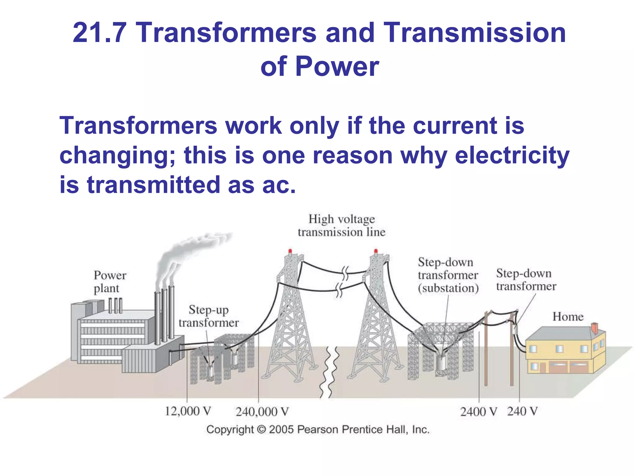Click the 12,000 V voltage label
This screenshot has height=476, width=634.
[x=188, y=411]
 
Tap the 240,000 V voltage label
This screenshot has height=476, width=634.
[x=262, y=412]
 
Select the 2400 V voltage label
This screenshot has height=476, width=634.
[x=478, y=412]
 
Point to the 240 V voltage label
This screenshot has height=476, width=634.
[x=522, y=411]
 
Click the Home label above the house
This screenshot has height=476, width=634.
[x=568, y=317]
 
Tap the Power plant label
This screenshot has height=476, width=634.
[x=110, y=282]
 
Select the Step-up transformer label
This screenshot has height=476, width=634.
[x=209, y=316]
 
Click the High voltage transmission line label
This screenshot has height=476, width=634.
[x=341, y=226]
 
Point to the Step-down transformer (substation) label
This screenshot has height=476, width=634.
[x=448, y=275]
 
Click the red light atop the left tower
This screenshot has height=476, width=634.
[x=290, y=251]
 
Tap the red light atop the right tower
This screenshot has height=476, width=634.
[x=376, y=251]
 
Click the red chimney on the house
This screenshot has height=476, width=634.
[x=594, y=328]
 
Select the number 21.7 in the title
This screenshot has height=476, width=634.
[x=99, y=33]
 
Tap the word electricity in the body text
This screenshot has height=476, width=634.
[x=512, y=155]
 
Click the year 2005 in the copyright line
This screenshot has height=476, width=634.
[x=281, y=430]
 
